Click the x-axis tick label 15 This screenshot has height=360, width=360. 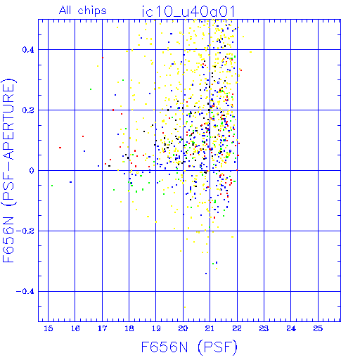[x=49, y=328]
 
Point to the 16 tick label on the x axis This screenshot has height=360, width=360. [x=75, y=328]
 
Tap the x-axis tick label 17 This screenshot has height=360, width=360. [x=102, y=328]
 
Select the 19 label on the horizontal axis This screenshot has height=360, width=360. [x=156, y=328]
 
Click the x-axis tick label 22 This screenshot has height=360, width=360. [x=237, y=328]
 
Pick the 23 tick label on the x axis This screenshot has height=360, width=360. [x=264, y=328]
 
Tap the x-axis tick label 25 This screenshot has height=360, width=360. [x=318, y=328]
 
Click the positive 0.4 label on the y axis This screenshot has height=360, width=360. [x=28, y=50]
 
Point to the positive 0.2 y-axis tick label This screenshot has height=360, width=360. [x=28, y=110]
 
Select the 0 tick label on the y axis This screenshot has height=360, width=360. [x=32, y=171]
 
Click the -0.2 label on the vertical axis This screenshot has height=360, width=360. [x=25, y=231]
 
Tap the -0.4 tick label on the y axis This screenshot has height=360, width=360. [x=25, y=292]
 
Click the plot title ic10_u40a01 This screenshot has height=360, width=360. [x=188, y=11]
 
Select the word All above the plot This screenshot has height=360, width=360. [x=65, y=11]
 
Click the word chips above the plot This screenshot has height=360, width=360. [x=92, y=11]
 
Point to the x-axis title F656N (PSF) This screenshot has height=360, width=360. [x=189, y=347]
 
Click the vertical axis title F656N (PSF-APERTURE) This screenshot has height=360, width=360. [x=8, y=170]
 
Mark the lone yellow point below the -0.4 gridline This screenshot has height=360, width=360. [x=185, y=307]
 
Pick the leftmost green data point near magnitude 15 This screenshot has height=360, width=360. [x=52, y=186]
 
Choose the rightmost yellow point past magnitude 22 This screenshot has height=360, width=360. [x=251, y=52]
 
